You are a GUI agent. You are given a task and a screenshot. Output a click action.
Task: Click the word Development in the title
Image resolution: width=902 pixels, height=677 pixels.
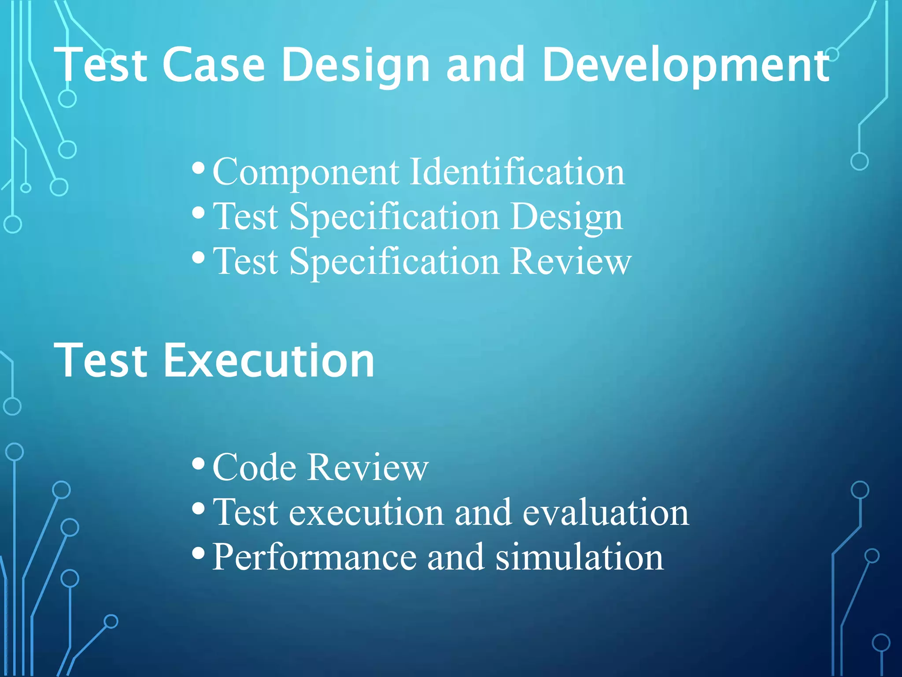(686, 66)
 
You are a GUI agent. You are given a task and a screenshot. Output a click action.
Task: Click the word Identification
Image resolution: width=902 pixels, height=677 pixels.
(517, 172)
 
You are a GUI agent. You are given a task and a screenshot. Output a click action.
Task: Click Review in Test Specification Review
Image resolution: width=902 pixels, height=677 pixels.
(571, 262)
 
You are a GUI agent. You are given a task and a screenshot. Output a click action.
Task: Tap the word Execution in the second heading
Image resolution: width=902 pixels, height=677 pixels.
(269, 361)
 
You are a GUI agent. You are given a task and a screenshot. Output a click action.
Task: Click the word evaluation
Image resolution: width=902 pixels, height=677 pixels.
(606, 512)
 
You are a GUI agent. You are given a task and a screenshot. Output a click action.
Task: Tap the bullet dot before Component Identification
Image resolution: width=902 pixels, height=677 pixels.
(199, 168)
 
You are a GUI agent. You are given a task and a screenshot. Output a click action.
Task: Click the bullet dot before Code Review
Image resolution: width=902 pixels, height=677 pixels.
(199, 464)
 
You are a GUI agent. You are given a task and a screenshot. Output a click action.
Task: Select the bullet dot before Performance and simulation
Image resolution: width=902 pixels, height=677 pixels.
(199, 553)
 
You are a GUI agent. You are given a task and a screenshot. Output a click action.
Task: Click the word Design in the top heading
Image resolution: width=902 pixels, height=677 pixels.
(355, 66)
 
